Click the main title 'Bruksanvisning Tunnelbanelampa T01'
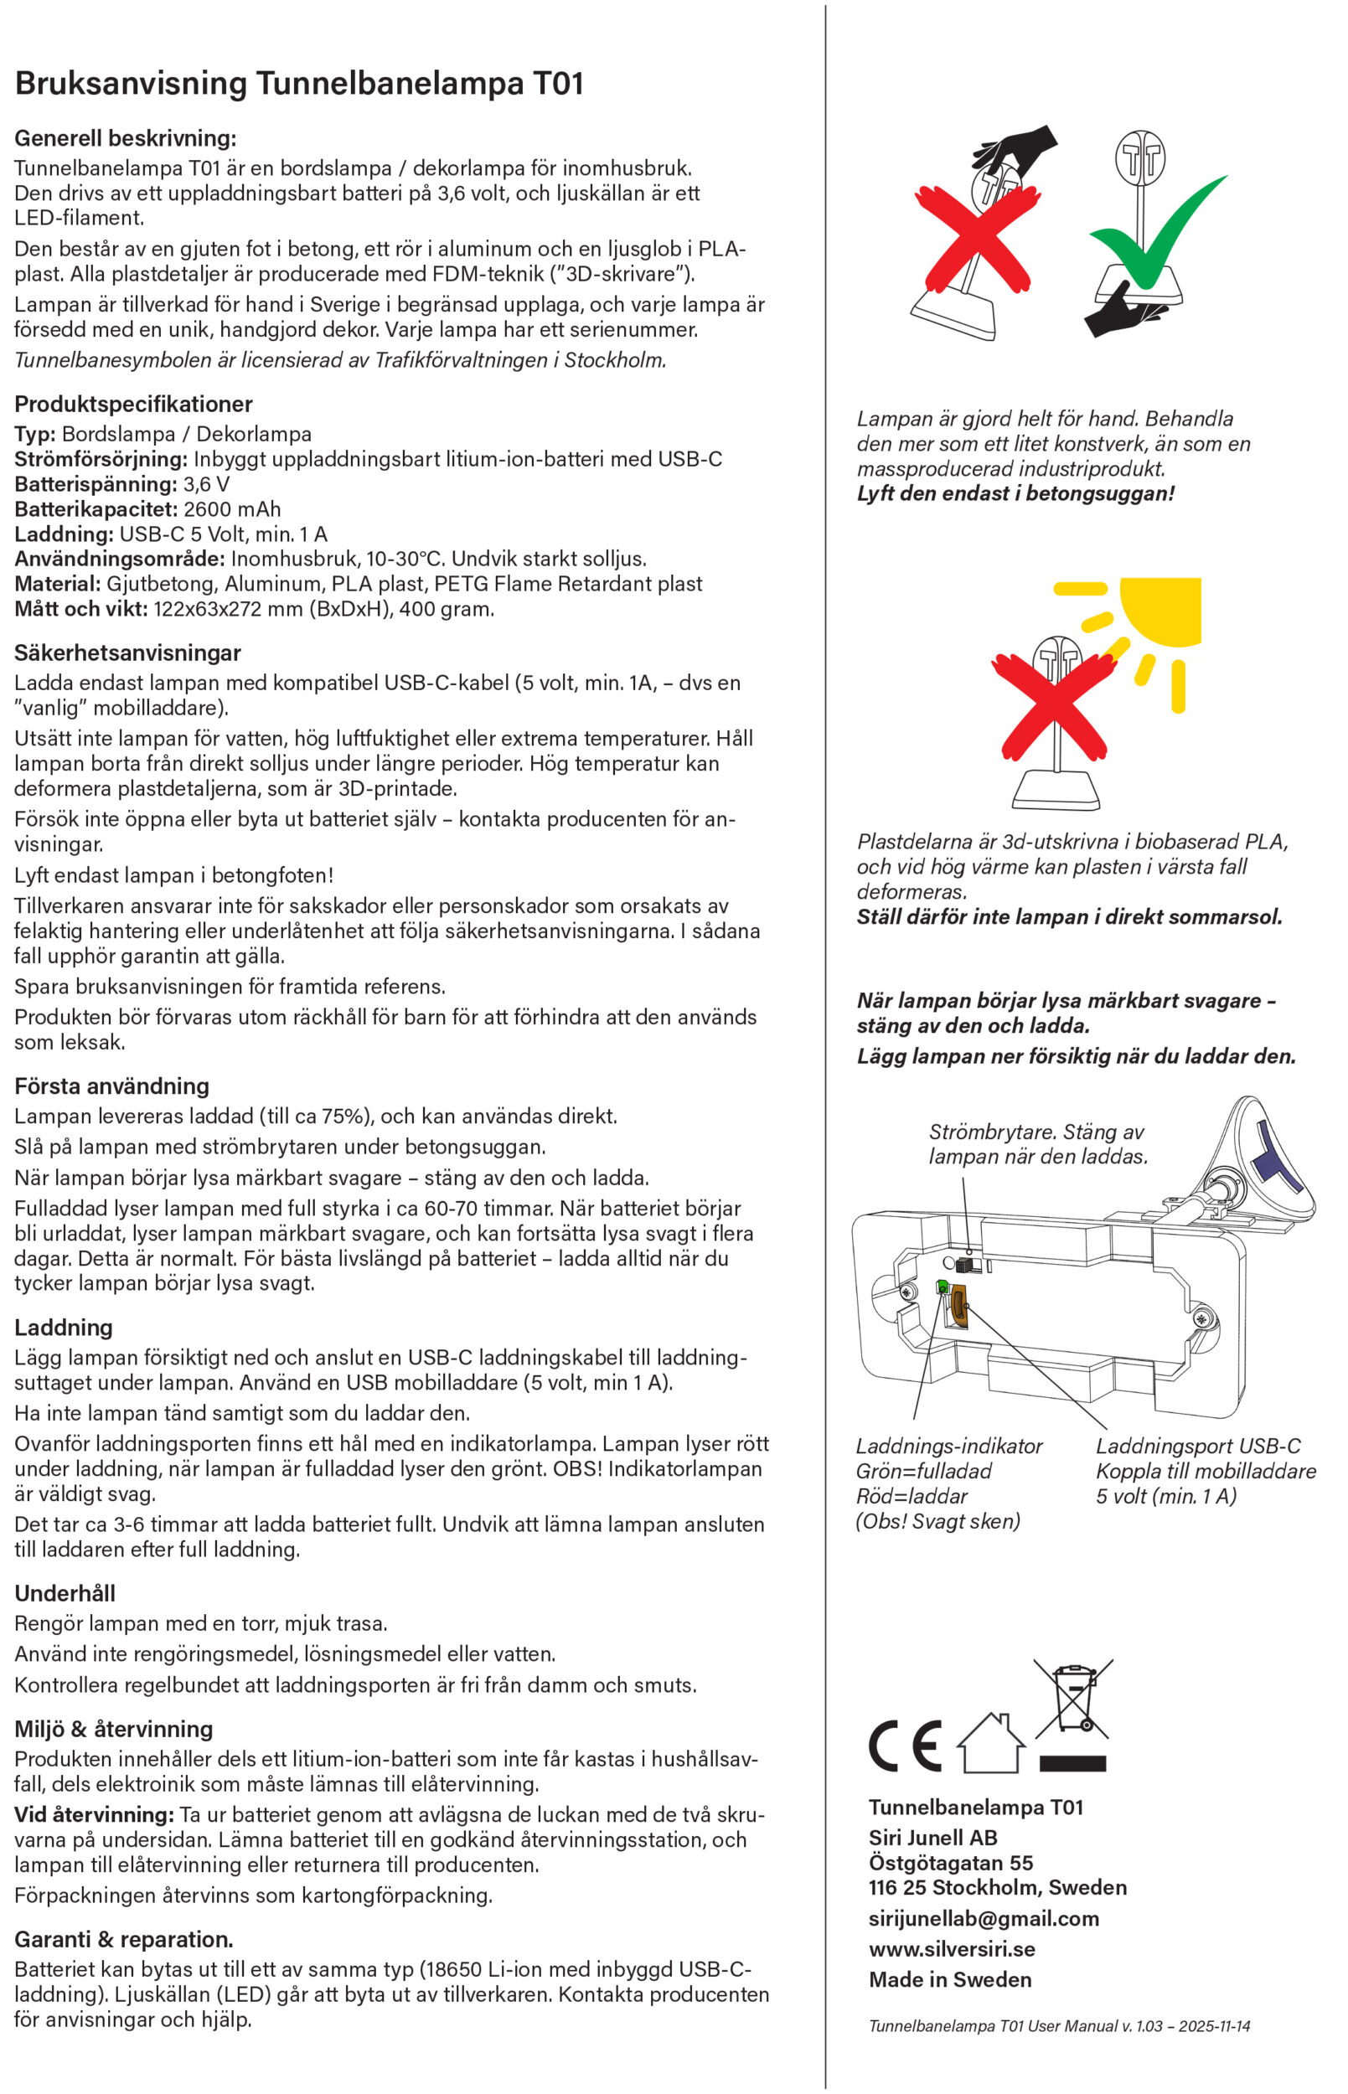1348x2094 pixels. click(x=298, y=84)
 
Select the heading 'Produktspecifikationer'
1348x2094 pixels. click(x=133, y=405)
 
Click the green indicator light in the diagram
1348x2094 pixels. click(x=943, y=1287)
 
